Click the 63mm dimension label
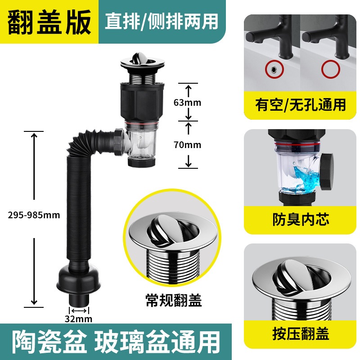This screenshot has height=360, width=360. tap(187, 103)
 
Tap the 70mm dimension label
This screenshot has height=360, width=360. tap(187, 144)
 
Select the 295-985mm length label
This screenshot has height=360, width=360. tap(34, 215)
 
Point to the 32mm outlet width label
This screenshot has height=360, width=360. tap(78, 319)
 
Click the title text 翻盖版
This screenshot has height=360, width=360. tap(49, 22)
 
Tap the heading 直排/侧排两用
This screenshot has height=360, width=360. tap(162, 21)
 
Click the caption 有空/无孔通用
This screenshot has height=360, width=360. tap(300, 105)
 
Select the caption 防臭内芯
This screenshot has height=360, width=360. tap(301, 219)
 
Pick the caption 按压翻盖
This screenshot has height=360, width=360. tap(301, 333)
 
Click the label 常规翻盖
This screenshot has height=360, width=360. tap(174, 300)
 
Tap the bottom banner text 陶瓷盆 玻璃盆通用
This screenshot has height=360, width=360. tap(116, 342)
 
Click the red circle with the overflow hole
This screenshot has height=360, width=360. tap(274, 69)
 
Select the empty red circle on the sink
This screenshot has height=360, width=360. tap(331, 69)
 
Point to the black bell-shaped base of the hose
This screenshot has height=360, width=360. tap(78, 278)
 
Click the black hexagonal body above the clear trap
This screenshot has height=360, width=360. tap(142, 101)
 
